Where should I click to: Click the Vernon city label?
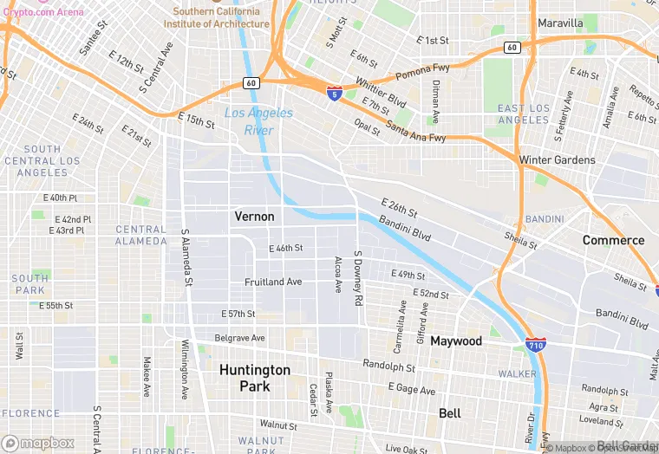click(x=254, y=217)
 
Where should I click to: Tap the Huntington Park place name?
click(x=254, y=377)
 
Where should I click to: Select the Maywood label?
click(x=456, y=341)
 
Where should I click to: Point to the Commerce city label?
click(x=613, y=240)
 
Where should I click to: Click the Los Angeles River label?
click(x=258, y=121)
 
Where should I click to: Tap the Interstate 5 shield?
click(x=334, y=93)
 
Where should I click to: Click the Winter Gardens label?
click(x=557, y=160)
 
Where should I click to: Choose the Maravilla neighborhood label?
click(x=560, y=23)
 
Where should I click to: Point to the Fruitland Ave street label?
click(x=273, y=282)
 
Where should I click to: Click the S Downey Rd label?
click(x=357, y=279)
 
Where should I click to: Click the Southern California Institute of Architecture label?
click(x=216, y=18)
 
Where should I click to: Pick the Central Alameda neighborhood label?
click(x=140, y=235)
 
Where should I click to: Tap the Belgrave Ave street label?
click(x=240, y=338)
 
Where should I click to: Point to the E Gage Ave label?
click(x=411, y=390)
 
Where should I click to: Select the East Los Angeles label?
click(x=524, y=114)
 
